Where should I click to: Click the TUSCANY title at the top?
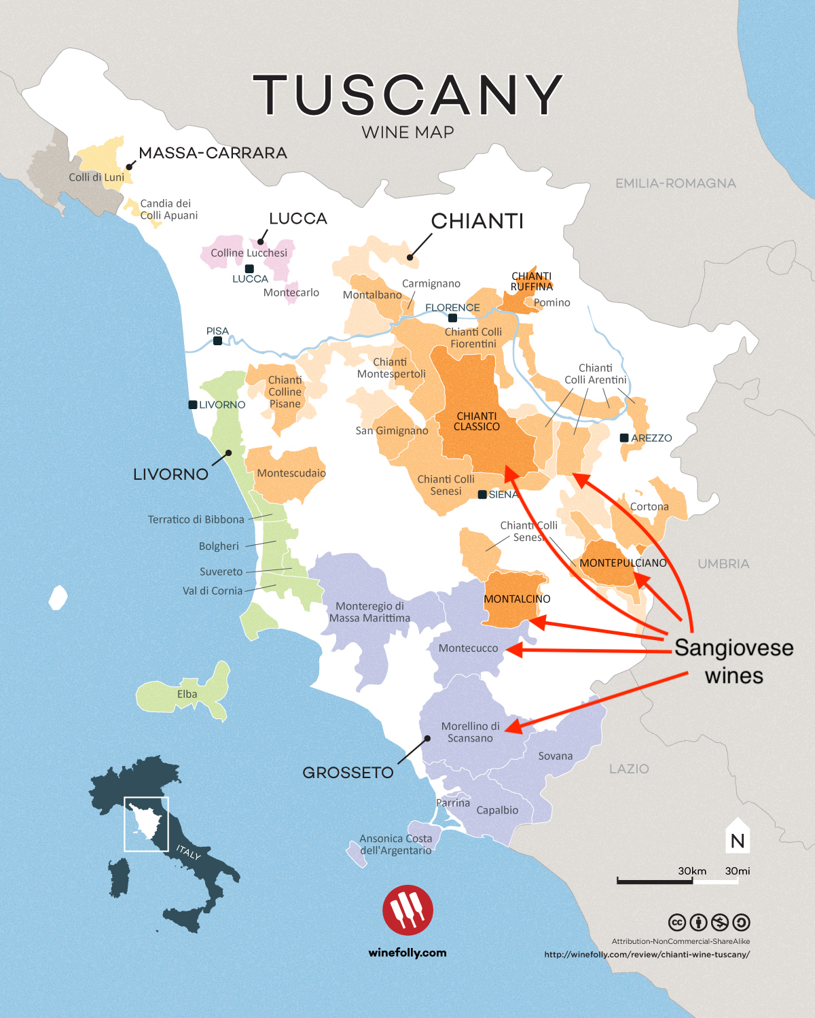407,94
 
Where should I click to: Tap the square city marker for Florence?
452,318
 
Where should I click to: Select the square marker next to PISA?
217,341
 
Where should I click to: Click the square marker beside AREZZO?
624,438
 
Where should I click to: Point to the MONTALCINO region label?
517,599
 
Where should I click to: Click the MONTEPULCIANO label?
623,563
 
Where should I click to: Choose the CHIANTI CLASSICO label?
477,421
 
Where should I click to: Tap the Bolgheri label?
219,546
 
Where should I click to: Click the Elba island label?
187,694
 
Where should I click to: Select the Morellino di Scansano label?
470,732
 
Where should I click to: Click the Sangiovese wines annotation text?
733,661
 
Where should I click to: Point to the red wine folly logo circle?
407,910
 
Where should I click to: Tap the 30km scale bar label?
692,871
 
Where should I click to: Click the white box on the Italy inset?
146,824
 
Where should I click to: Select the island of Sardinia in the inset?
119,877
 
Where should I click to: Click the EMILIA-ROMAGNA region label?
675,183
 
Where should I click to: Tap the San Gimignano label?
392,431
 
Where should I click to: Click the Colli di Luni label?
96,177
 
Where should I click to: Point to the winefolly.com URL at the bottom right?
647,954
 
